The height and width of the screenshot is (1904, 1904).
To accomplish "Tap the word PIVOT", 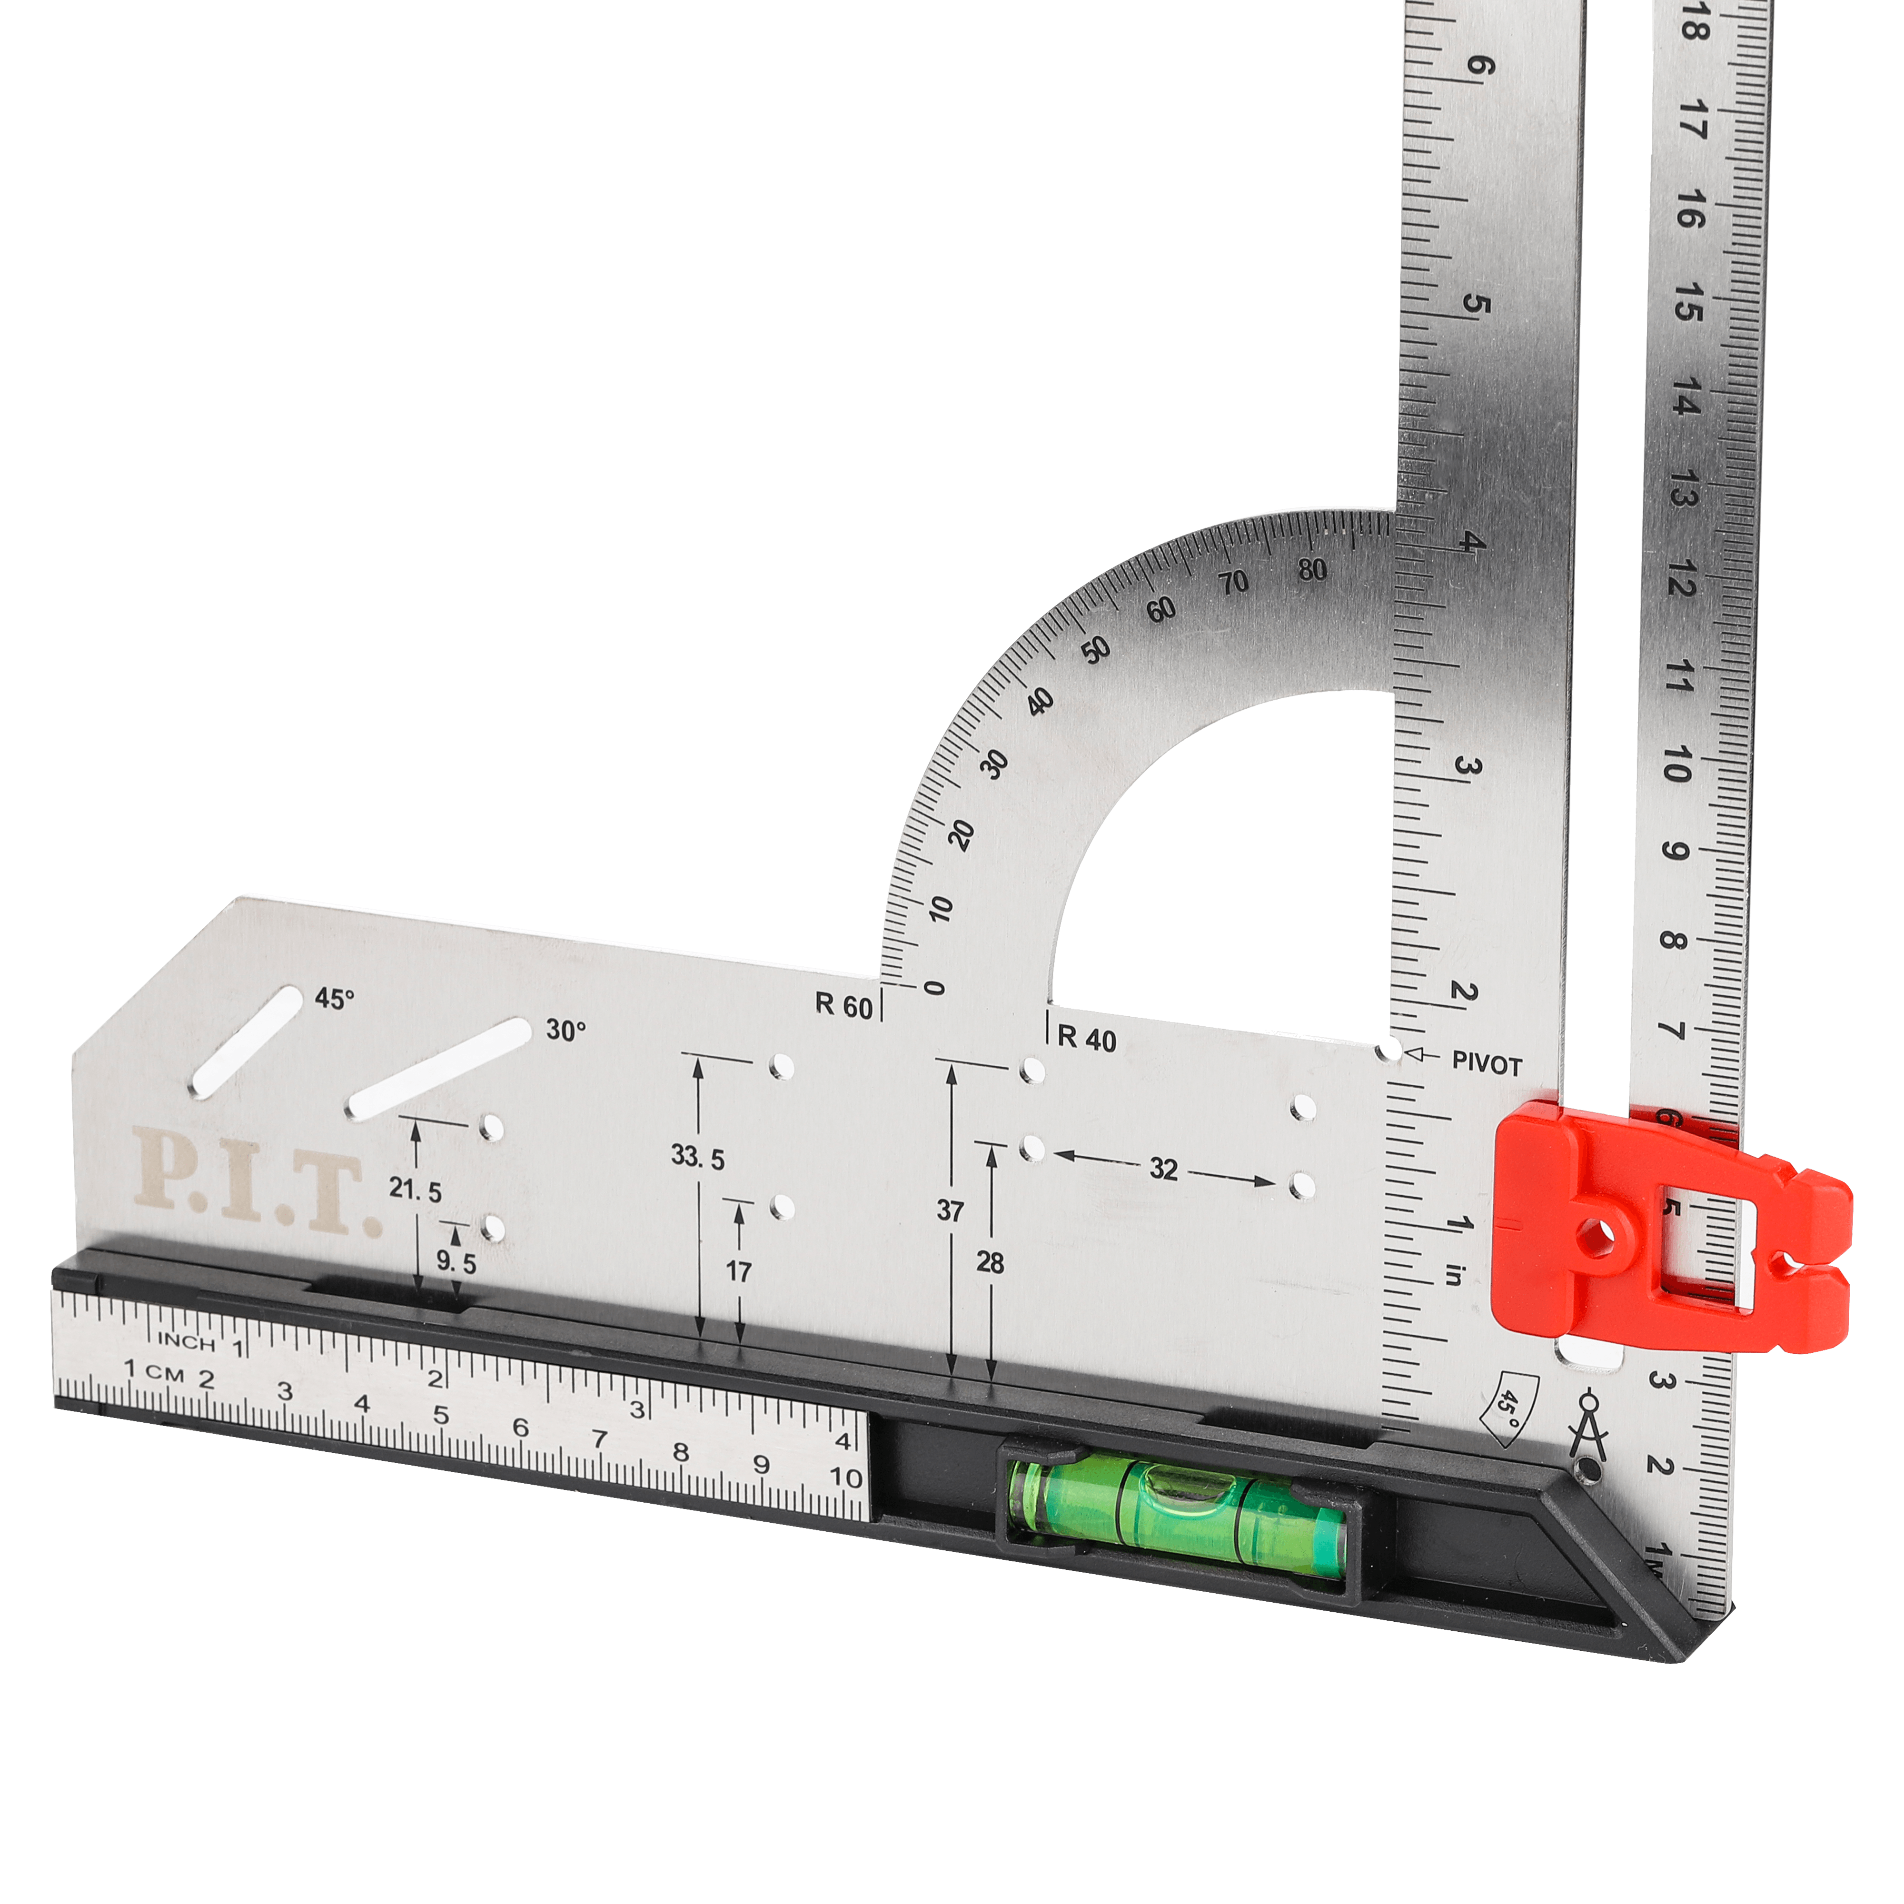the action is tap(1487, 1064).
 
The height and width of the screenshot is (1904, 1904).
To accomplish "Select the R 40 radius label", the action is tap(1087, 1040).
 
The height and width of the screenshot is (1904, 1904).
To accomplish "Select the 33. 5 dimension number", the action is tap(698, 1158).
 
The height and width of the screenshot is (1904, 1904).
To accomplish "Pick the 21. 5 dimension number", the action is tap(415, 1190).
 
